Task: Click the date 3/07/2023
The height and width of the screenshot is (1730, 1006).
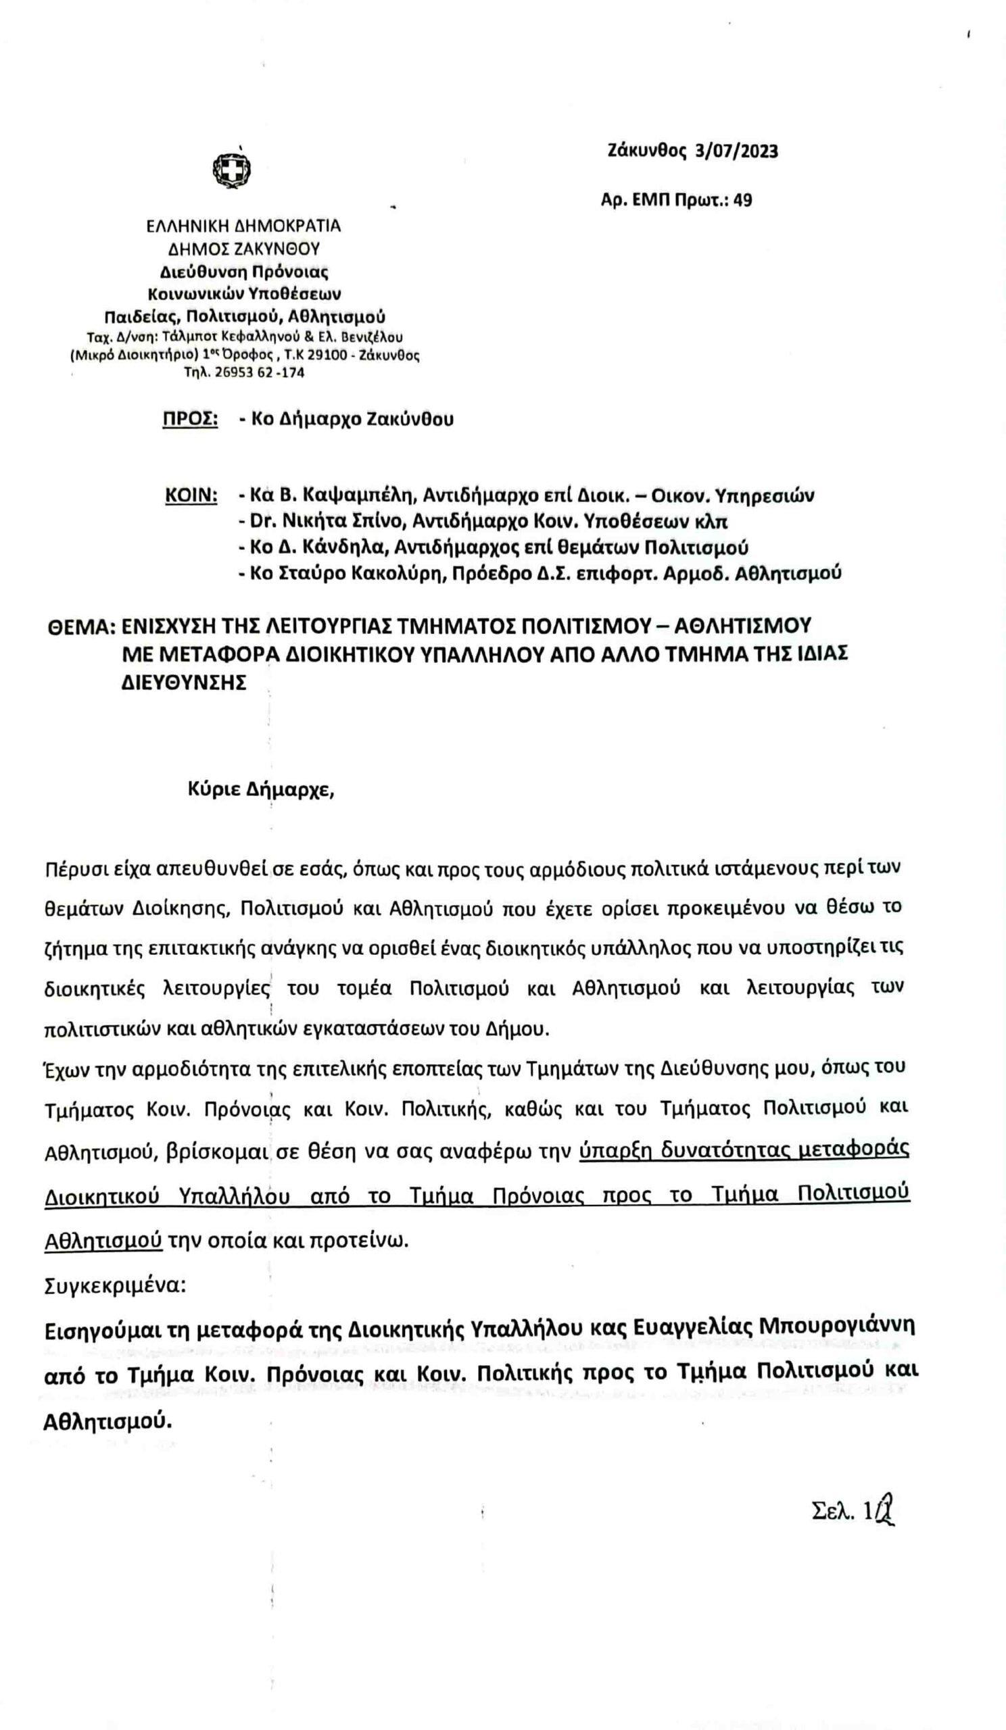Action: [x=736, y=151]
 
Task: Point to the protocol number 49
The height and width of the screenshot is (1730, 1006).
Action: [x=743, y=201]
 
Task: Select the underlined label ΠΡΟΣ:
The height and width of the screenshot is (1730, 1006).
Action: [x=190, y=419]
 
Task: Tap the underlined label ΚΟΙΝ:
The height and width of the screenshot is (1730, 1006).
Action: [x=191, y=495]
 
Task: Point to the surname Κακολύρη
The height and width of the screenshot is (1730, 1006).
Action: [x=396, y=573]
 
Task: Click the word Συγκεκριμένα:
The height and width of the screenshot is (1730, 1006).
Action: [x=116, y=1285]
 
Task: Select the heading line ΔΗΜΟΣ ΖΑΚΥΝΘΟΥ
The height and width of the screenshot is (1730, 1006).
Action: [x=244, y=249]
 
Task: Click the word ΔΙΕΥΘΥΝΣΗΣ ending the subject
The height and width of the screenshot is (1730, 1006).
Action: [x=183, y=684]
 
